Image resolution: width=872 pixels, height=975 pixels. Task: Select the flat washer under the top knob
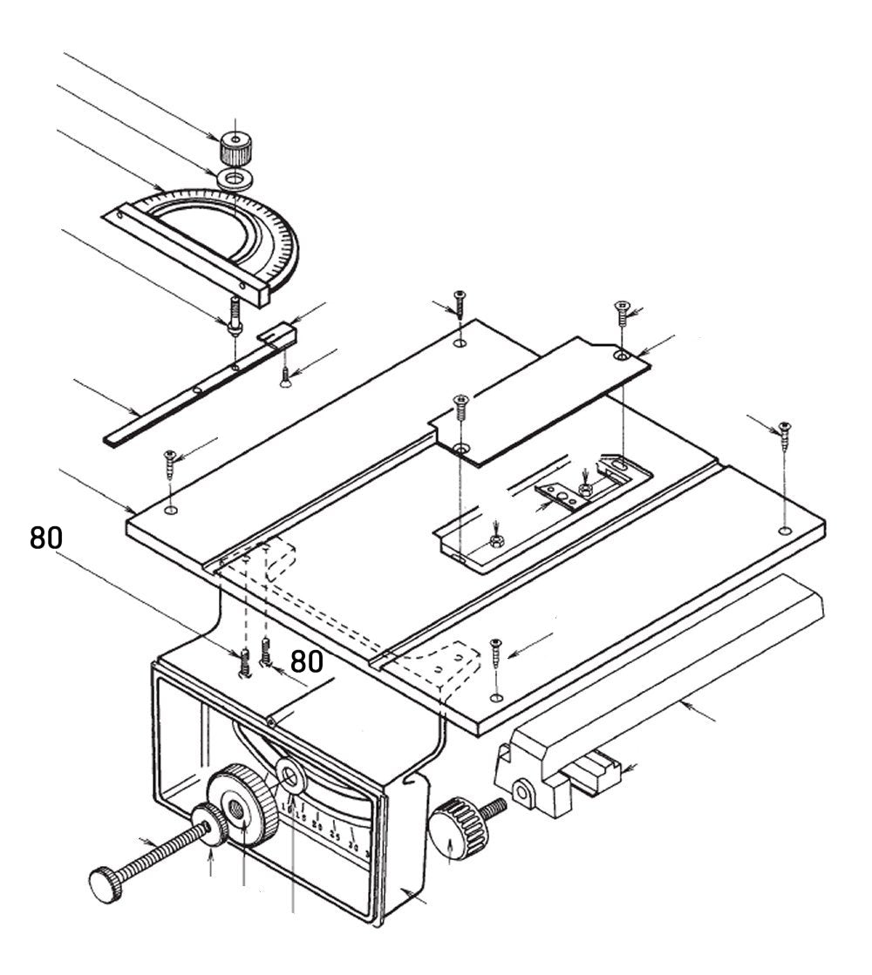[234, 179]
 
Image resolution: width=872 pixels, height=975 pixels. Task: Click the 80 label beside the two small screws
[306, 661]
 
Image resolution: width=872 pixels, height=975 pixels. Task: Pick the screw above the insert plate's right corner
[622, 312]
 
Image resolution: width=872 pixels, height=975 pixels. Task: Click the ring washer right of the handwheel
[289, 771]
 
